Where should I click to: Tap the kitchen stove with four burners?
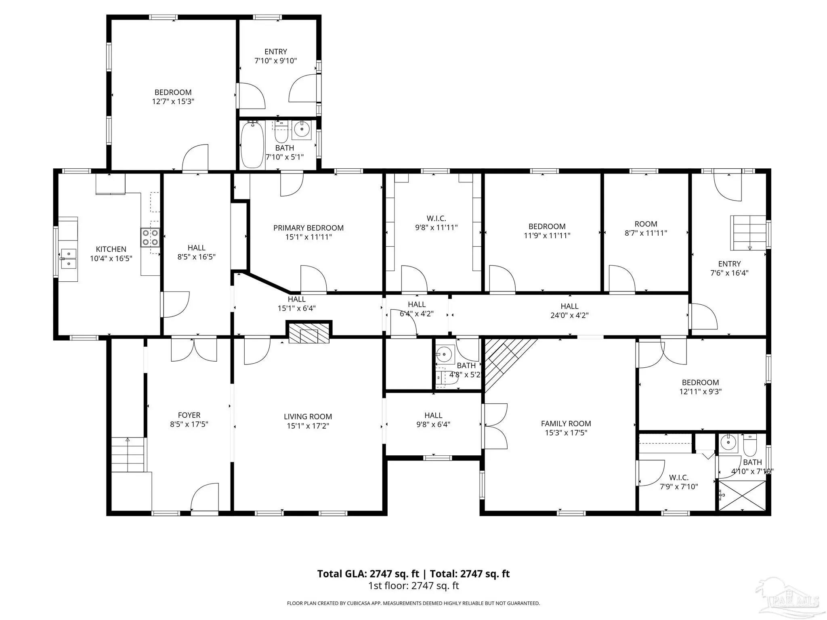(150, 237)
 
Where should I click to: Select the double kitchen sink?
(69, 259)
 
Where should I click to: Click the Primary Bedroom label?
(309, 228)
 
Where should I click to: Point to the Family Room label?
(566, 423)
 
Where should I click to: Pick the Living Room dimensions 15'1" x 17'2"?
(308, 425)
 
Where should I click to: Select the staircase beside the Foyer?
(128, 455)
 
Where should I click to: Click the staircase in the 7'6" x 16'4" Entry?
(748, 233)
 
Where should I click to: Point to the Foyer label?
(189, 415)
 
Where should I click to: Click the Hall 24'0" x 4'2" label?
(569, 311)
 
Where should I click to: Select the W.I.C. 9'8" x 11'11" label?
(436, 223)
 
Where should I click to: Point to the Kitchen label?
(111, 249)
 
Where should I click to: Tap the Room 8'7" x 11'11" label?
(646, 228)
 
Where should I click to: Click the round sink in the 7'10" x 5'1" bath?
(301, 129)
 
